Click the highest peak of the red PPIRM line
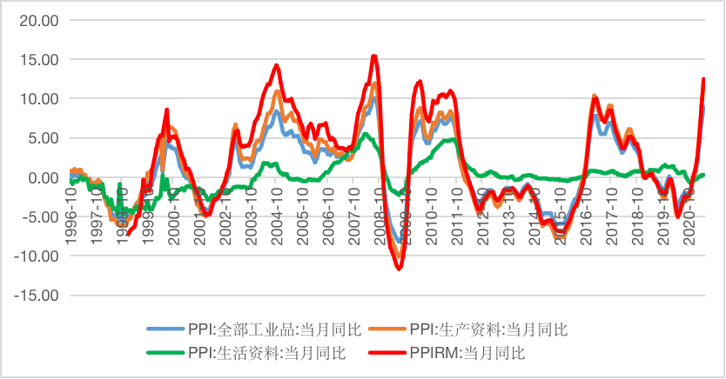pyautogui.click(x=373, y=57)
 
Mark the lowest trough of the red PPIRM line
pyautogui.click(x=400, y=269)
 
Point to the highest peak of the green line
pyautogui.click(x=366, y=134)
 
